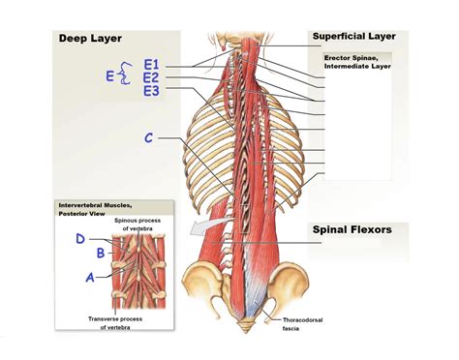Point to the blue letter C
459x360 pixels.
149,138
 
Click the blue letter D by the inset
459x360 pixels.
79,238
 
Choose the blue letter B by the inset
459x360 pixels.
100,254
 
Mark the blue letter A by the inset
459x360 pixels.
90,276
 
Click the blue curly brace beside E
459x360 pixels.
124,75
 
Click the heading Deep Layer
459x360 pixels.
89,39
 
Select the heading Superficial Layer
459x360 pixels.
354,36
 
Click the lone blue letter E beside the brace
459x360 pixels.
109,75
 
